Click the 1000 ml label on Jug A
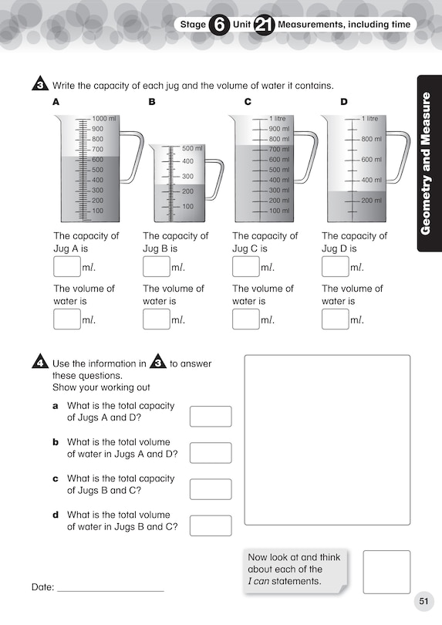click(103, 119)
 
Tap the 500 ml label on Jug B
click(192, 148)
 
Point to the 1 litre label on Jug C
click(277, 119)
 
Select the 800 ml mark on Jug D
click(371, 140)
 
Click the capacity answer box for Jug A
click(66, 267)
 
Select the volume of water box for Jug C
click(245, 319)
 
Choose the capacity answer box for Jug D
click(335, 267)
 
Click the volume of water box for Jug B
click(156, 319)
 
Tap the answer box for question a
click(210, 417)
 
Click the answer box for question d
click(210, 525)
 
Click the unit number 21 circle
click(263, 25)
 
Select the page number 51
click(423, 601)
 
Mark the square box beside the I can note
click(386, 572)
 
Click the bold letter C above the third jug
click(248, 102)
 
